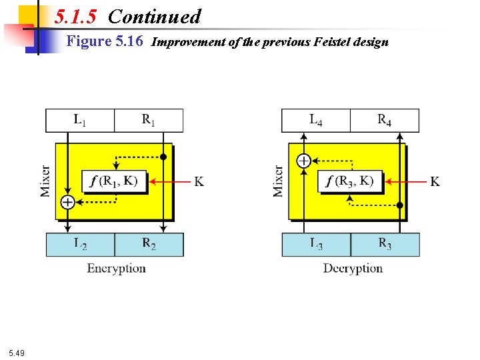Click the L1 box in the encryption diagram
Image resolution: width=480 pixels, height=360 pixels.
click(80, 121)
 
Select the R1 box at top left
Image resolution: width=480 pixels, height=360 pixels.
click(149, 121)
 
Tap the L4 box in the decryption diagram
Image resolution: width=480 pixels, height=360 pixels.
click(316, 121)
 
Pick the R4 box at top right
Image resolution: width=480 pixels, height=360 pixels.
click(385, 121)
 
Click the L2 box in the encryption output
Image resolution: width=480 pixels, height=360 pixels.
click(80, 245)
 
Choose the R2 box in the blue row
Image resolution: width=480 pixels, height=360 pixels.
click(149, 245)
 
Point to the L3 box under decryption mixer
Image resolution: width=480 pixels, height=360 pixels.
click(316, 245)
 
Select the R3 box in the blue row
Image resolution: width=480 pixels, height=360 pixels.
click(385, 245)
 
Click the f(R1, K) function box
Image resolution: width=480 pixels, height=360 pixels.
click(115, 181)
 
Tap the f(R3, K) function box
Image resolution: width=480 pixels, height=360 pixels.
click(351, 181)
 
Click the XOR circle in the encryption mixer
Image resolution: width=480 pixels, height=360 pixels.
click(67, 202)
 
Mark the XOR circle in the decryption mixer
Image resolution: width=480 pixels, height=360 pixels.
click(303, 160)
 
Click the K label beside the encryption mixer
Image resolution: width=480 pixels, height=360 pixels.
click(199, 181)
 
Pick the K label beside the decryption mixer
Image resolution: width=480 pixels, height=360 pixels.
click(435, 181)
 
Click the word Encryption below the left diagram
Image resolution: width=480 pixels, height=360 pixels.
click(116, 269)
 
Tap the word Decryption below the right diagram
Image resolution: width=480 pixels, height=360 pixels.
click(353, 269)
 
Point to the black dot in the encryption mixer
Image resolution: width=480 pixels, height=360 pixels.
click(163, 157)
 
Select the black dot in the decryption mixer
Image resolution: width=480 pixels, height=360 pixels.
click(400, 205)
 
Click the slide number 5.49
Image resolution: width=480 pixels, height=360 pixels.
click(17, 353)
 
